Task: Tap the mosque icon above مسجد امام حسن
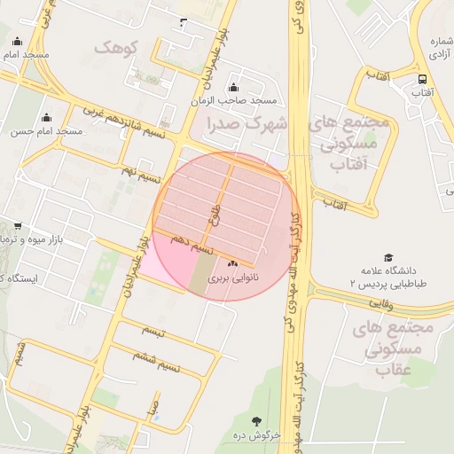[x=47, y=117]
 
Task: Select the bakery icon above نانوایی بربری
[x=233, y=264]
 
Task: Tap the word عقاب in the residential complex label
[x=396, y=369]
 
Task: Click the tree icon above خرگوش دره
[x=257, y=421]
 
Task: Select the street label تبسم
[x=153, y=329]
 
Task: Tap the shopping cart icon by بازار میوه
[x=18, y=228]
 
